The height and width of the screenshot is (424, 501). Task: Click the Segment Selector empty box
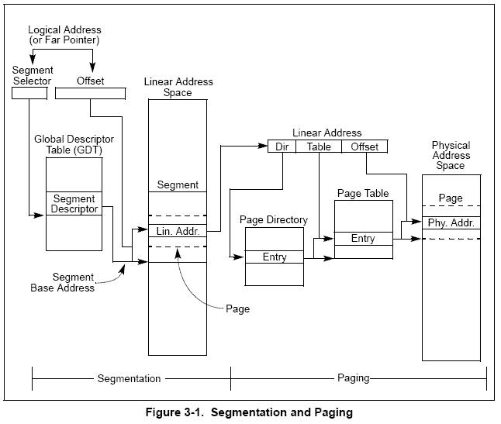click(29, 93)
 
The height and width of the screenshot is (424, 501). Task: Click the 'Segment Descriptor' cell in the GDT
click(74, 203)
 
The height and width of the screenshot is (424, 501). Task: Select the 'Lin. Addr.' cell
click(178, 231)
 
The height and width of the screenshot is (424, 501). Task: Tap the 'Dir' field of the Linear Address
click(282, 147)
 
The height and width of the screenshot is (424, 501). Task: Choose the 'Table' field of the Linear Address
click(319, 147)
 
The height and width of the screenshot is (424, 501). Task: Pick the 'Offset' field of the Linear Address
click(365, 147)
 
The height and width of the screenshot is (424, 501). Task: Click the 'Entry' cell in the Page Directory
click(275, 257)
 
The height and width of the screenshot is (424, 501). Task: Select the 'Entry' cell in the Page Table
click(363, 239)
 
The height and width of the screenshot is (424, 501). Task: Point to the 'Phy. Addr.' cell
click(451, 223)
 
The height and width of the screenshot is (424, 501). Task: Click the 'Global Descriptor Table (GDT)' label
click(74, 144)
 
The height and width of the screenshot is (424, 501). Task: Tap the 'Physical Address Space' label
click(451, 155)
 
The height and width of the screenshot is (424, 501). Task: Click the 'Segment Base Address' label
click(63, 282)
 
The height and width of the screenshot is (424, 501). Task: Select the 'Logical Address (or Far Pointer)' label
click(64, 35)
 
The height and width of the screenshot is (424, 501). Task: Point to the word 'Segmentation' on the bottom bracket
click(129, 378)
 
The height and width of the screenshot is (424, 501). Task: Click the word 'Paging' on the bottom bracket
click(354, 378)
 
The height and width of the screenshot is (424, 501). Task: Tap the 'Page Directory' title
click(274, 219)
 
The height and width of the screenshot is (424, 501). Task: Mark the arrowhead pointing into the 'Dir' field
click(263, 146)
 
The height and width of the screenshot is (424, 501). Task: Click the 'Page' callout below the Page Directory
click(238, 309)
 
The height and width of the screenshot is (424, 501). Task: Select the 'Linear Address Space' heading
click(178, 87)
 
